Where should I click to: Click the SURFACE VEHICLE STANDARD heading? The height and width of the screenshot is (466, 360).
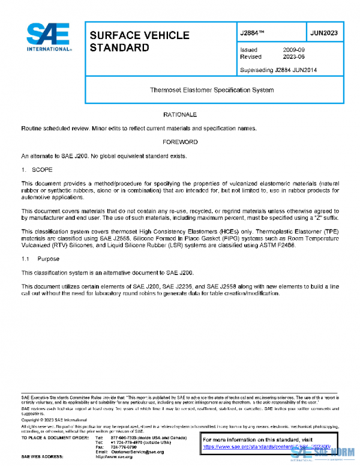point(139,41)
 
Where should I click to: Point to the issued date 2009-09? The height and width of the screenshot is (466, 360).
point(293,50)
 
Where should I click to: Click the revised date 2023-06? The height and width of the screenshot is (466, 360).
point(293,57)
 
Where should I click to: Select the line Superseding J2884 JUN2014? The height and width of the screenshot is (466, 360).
point(278,70)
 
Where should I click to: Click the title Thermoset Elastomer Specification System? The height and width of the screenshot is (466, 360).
point(211,90)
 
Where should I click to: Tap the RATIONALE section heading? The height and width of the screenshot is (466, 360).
point(180,114)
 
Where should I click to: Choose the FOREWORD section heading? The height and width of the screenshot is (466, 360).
point(180,142)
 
